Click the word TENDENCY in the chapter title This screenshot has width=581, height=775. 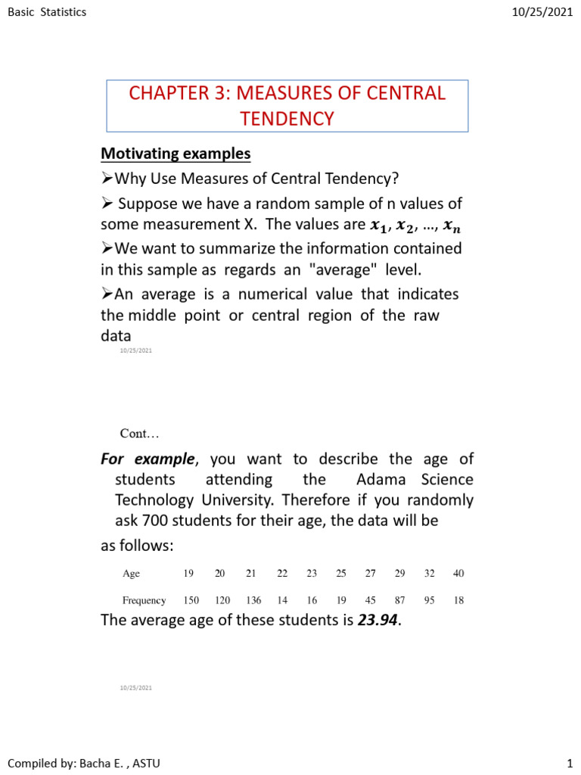287,119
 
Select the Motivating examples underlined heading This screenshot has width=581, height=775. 176,154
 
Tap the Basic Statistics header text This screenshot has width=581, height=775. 46,12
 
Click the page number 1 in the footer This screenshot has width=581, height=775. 570,763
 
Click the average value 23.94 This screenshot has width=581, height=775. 377,621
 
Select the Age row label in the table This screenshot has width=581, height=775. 131,574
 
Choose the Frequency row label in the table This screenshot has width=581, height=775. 144,600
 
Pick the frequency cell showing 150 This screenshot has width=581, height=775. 191,600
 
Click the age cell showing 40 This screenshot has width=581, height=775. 458,574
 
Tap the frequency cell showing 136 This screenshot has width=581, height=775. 253,600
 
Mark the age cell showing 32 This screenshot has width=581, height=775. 429,574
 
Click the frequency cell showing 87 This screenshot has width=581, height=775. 399,600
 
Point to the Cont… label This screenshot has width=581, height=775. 140,434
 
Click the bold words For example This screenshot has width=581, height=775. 148,459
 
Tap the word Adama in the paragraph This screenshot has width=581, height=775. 377,480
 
